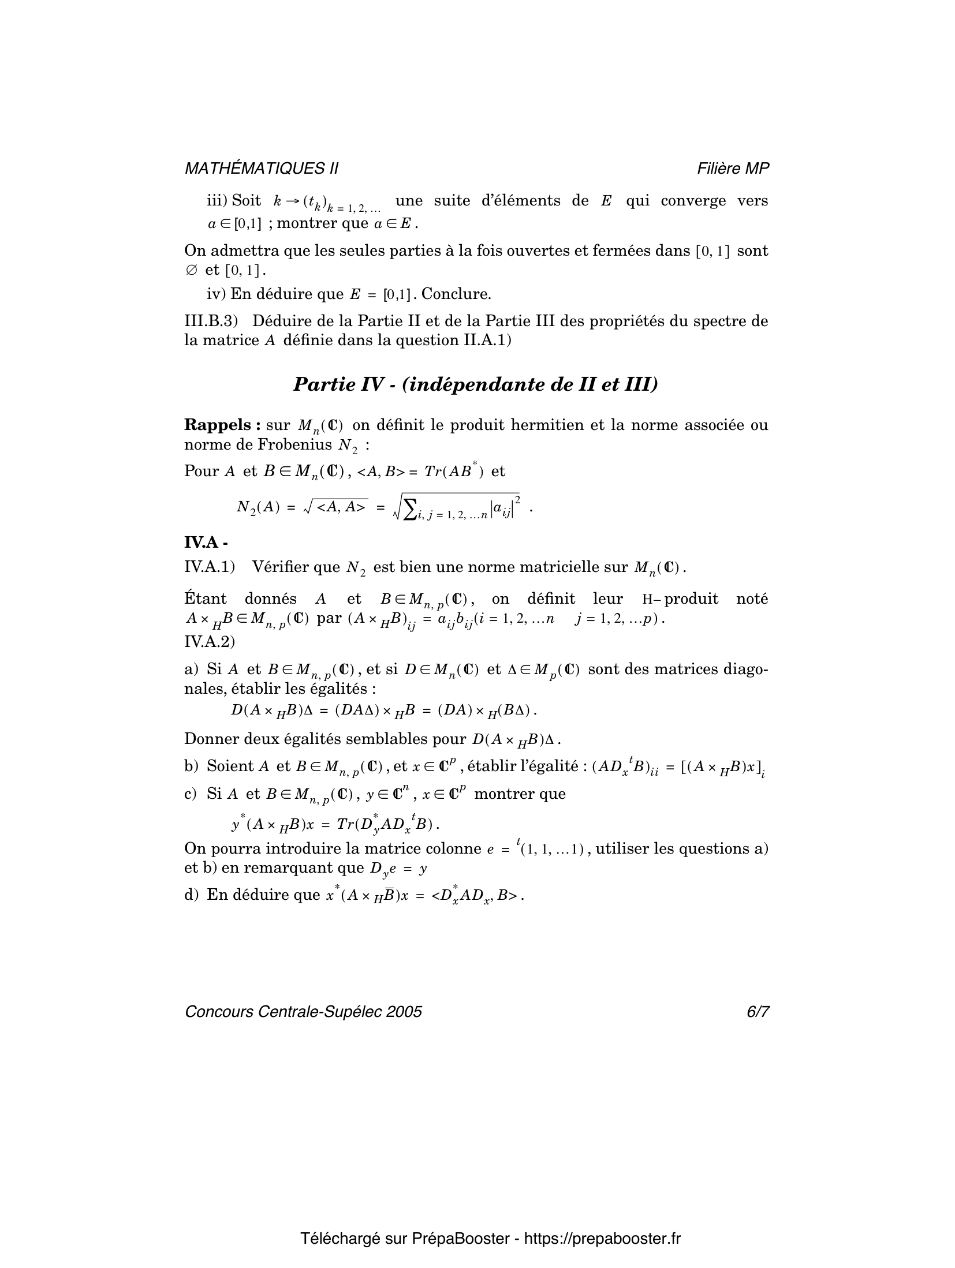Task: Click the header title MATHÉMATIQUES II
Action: click(261, 168)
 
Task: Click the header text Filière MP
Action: click(733, 168)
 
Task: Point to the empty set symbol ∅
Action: click(192, 270)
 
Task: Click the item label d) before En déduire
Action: click(191, 895)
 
